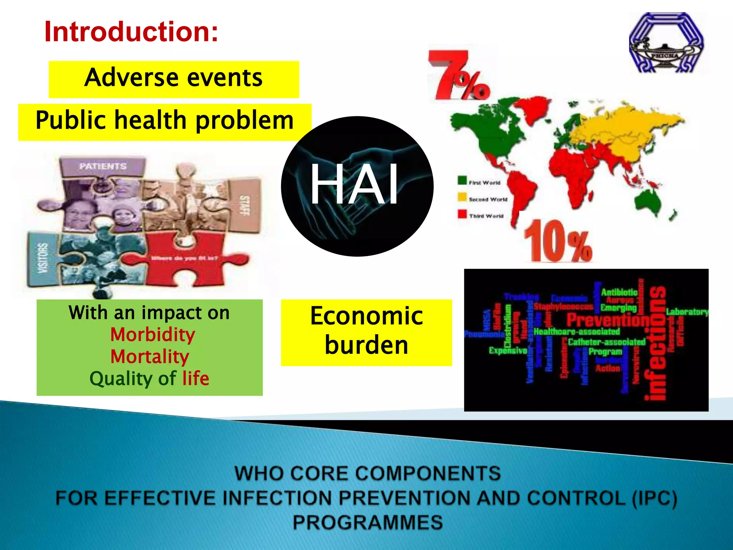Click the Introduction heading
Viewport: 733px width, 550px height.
pyautogui.click(x=131, y=32)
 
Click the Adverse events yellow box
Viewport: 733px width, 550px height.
pyautogui.click(x=174, y=79)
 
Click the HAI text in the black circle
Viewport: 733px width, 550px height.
pyautogui.click(x=354, y=184)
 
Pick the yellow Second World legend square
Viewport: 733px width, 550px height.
pyautogui.click(x=462, y=197)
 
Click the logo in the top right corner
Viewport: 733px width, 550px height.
pyautogui.click(x=666, y=43)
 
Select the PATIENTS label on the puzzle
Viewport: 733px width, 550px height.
pyautogui.click(x=103, y=166)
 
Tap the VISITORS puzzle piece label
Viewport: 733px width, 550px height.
pyautogui.click(x=43, y=258)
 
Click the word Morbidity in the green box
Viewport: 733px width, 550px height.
pyautogui.click(x=152, y=335)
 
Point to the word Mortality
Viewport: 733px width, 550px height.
pyautogui.click(x=150, y=357)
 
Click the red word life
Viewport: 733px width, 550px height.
pyautogui.click(x=195, y=378)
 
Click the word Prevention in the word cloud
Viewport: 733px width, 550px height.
pyautogui.click(x=607, y=320)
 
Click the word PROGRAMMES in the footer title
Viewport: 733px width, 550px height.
pyautogui.click(x=368, y=522)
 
